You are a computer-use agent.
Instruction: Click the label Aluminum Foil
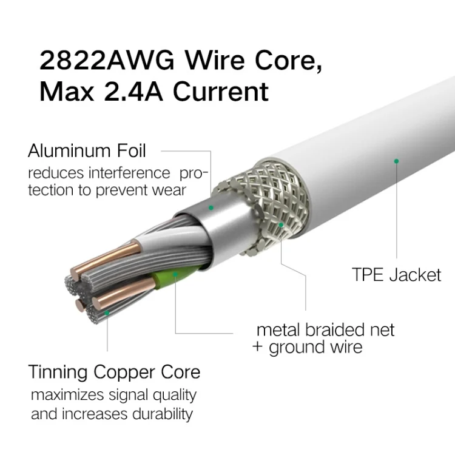point(86,150)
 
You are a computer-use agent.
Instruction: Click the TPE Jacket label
point(396,274)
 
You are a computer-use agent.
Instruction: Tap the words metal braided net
point(325,330)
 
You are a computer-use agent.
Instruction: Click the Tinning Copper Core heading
point(114,371)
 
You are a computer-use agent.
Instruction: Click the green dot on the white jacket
point(396,161)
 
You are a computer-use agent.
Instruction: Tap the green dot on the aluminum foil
point(211,207)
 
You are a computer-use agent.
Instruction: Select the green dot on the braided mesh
point(281,224)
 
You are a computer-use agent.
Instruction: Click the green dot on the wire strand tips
point(107,313)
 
